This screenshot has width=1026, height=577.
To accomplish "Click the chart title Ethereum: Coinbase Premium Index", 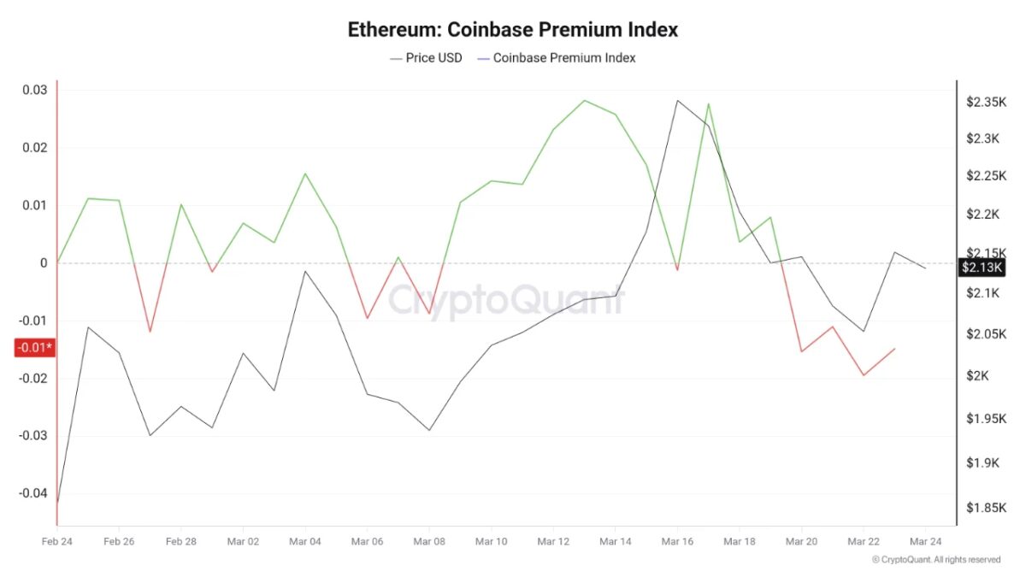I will coord(512,29).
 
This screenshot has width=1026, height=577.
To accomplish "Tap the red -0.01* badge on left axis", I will coord(35,347).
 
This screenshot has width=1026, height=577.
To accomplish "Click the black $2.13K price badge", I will coord(982,268).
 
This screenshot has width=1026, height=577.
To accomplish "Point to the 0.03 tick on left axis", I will coord(34,90).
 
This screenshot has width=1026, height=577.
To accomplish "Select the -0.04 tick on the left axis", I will coord(32,493).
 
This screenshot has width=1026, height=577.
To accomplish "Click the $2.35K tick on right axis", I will coord(987,102).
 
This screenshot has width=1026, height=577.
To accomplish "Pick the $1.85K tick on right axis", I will coord(987,508).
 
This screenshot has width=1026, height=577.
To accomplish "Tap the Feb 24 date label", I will coord(56,542).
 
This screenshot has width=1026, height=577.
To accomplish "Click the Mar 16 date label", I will coord(677,542).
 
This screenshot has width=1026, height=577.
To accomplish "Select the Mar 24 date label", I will coord(925,542).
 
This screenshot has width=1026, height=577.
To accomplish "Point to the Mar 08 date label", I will coord(429,542).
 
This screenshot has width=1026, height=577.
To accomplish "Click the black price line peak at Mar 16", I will coord(677,101).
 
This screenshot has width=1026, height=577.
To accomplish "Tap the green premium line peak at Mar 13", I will coord(585,101).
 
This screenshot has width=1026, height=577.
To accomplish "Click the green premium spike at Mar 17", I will coord(709,104).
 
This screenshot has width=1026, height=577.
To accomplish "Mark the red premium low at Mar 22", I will coord(864,375).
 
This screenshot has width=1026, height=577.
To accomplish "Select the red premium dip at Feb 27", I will coord(150,332).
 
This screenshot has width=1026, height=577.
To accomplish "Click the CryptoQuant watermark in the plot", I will coord(507,301).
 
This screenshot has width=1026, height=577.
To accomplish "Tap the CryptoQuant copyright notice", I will coord(935,560).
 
